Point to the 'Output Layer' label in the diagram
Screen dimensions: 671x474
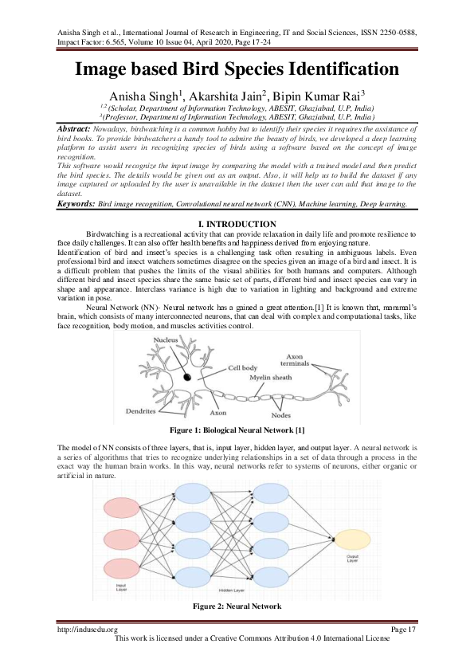352,560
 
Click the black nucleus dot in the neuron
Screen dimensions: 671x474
187,377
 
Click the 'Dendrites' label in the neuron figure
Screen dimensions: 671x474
140,412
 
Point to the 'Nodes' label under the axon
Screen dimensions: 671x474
280,415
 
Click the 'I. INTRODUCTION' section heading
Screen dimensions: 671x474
237,224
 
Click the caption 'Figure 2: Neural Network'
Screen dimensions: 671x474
237,607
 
